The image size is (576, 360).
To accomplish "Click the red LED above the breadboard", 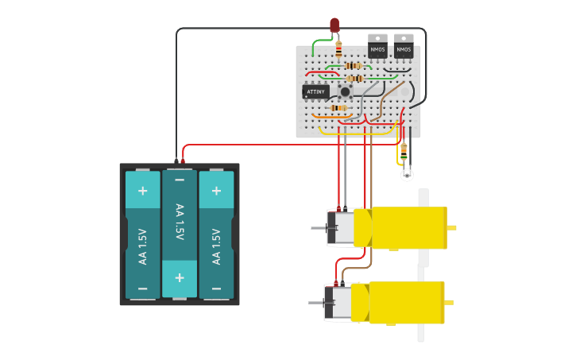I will [334, 25].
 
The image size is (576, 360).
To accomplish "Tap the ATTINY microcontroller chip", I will [315, 91].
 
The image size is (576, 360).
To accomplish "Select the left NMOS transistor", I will [377, 51].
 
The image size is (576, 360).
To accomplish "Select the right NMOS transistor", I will [404, 51].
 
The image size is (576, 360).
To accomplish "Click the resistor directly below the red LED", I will [338, 50].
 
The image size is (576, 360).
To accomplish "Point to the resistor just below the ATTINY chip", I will [338, 107].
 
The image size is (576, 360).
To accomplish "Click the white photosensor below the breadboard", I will [407, 175].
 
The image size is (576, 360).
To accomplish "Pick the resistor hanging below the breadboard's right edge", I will [404, 150].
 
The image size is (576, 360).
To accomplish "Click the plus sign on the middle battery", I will [180, 277].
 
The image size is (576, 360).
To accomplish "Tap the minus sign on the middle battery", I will [180, 180].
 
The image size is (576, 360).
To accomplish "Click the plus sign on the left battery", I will [142, 191].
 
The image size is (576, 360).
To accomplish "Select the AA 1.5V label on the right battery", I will [216, 246].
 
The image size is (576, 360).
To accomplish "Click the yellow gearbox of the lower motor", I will [406, 303].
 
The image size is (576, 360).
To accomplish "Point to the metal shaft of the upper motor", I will [318, 228].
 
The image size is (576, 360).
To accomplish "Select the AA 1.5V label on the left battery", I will [142, 246].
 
